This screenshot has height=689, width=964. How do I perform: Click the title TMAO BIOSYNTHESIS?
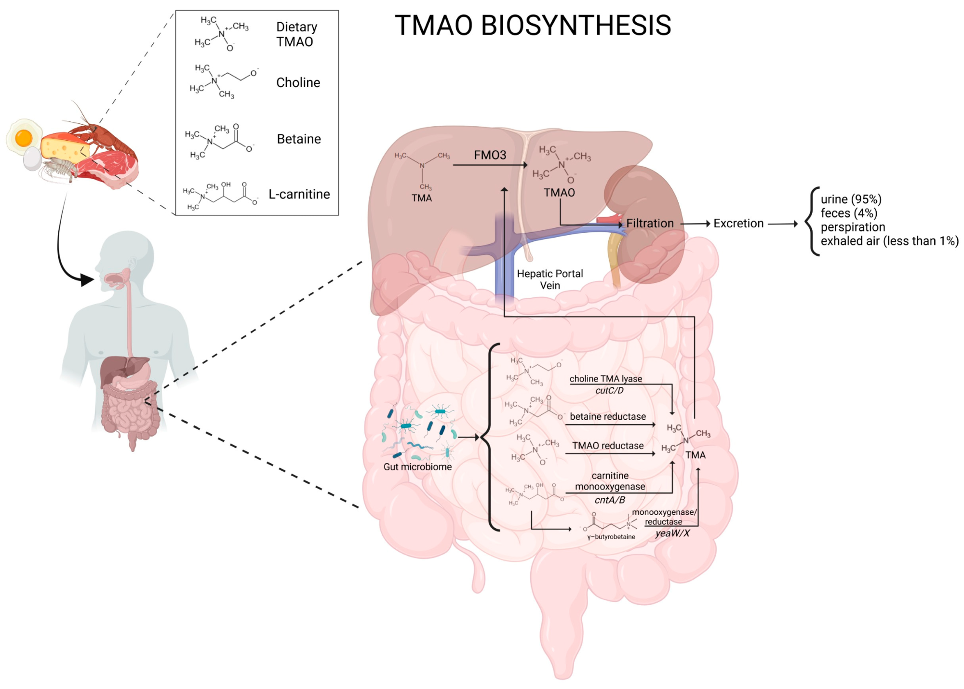coord(533,26)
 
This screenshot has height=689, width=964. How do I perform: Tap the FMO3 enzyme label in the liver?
coord(490,155)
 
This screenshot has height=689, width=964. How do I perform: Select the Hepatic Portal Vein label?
coord(550,279)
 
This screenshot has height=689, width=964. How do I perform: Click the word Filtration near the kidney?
coord(650,224)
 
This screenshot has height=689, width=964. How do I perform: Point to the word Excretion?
coord(738,224)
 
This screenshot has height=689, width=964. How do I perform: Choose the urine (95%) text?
coord(851,199)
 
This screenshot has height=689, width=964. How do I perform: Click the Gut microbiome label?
coord(417,467)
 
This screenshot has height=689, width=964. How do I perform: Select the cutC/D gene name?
coord(609,391)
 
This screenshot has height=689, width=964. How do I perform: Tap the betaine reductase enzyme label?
coord(608,417)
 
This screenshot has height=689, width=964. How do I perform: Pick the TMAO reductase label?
coord(608,446)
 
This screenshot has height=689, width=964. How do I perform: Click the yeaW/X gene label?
coord(672,533)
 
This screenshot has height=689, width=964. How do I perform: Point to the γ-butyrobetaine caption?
coord(611,537)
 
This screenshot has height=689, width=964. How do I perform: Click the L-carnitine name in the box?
coord(299,194)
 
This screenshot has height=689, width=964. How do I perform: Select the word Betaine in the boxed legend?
coord(299,139)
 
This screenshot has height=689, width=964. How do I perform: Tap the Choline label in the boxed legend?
coord(298,83)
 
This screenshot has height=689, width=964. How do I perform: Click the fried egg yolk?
coord(23,138)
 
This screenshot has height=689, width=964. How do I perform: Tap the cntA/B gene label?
coord(610,500)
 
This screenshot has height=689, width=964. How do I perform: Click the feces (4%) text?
coord(849,213)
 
